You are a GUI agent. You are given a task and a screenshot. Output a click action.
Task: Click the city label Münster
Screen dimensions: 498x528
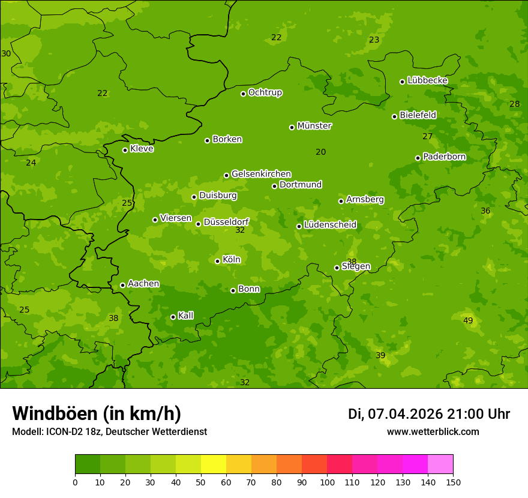click(314, 126)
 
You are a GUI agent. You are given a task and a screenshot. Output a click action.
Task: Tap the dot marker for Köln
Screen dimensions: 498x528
click(217, 261)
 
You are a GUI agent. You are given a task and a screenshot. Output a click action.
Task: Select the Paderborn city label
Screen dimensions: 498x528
click(445, 157)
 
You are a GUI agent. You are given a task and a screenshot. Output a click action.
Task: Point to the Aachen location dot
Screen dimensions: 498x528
click(122, 285)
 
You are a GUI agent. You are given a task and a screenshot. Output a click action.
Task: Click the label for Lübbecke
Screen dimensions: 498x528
click(427, 80)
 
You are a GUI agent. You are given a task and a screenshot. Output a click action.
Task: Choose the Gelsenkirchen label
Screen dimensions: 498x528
click(261, 174)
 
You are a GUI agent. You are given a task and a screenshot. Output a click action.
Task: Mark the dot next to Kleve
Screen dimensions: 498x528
click(125, 150)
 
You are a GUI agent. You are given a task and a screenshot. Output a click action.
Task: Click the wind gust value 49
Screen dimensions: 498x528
click(468, 320)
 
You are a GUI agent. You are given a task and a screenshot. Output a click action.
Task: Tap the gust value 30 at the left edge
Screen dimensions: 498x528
click(6, 53)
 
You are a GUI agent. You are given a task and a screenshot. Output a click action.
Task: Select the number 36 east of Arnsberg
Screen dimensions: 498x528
click(485, 211)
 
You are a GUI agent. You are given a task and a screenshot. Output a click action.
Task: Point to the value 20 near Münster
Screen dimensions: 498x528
click(321, 152)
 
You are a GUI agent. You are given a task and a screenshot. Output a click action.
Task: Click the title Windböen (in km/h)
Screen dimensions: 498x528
click(97, 413)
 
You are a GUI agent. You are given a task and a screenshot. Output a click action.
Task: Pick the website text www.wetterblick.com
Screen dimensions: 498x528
click(433, 431)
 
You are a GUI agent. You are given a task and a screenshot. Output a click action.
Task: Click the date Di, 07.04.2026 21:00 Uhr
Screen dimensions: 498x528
click(429, 414)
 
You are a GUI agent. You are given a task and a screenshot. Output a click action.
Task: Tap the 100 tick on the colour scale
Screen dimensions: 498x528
click(327, 482)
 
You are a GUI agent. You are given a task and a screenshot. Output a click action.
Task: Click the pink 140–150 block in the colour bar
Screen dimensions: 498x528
click(440, 464)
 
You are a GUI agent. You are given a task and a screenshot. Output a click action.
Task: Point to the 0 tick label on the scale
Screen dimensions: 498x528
click(75, 482)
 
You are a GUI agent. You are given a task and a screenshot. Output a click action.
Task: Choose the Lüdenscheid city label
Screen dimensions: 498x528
click(330, 225)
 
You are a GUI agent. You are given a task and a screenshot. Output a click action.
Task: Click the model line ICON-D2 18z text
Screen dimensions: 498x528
click(109, 431)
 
